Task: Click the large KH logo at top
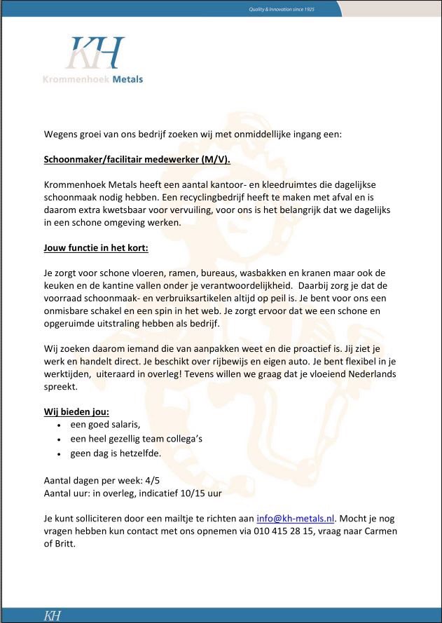(95, 53)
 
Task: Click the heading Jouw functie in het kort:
(96, 248)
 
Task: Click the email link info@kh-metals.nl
(296, 518)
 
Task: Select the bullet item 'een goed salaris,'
(105, 425)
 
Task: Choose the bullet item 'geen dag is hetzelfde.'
(115, 453)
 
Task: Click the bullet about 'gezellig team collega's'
(136, 439)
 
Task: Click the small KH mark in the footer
(53, 616)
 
